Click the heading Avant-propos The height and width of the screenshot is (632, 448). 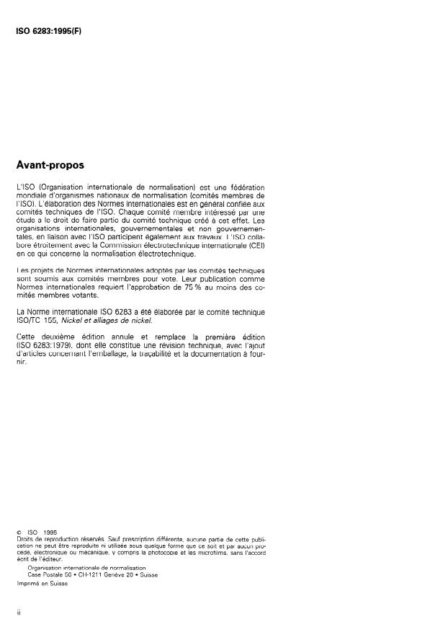tap(50, 165)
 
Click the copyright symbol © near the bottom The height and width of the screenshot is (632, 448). tap(19, 532)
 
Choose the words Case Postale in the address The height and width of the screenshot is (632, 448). tap(43, 574)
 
